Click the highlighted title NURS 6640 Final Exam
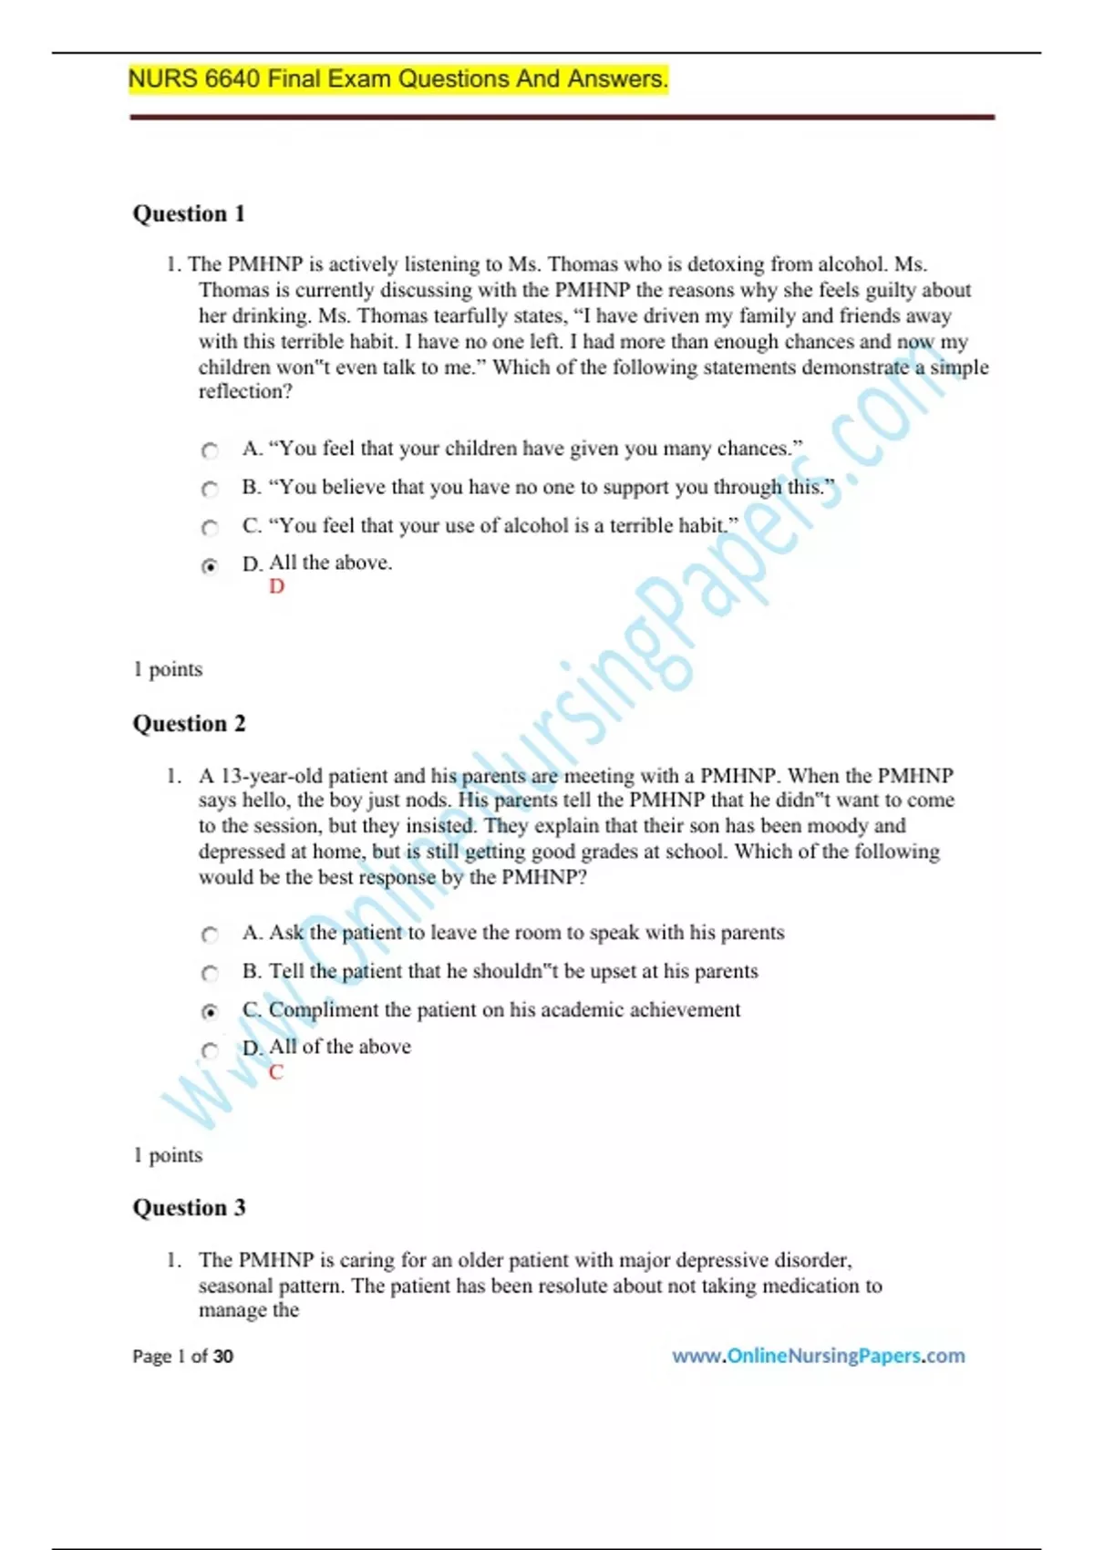click(397, 79)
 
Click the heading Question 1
click(189, 213)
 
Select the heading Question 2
click(189, 723)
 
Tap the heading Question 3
click(189, 1207)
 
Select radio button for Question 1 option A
click(210, 450)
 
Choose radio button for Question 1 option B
click(210, 489)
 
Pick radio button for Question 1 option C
click(210, 527)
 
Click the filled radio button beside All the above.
click(210, 566)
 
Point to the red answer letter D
click(276, 586)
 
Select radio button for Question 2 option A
click(210, 935)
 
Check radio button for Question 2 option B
click(210, 973)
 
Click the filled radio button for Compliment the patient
click(210, 1011)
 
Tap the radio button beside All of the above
click(210, 1049)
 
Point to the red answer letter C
click(276, 1072)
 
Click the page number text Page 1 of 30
click(182, 1356)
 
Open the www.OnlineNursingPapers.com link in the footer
click(818, 1356)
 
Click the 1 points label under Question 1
click(168, 669)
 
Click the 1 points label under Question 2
click(168, 1155)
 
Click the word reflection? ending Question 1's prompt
click(245, 391)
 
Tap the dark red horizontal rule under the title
click(562, 117)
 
